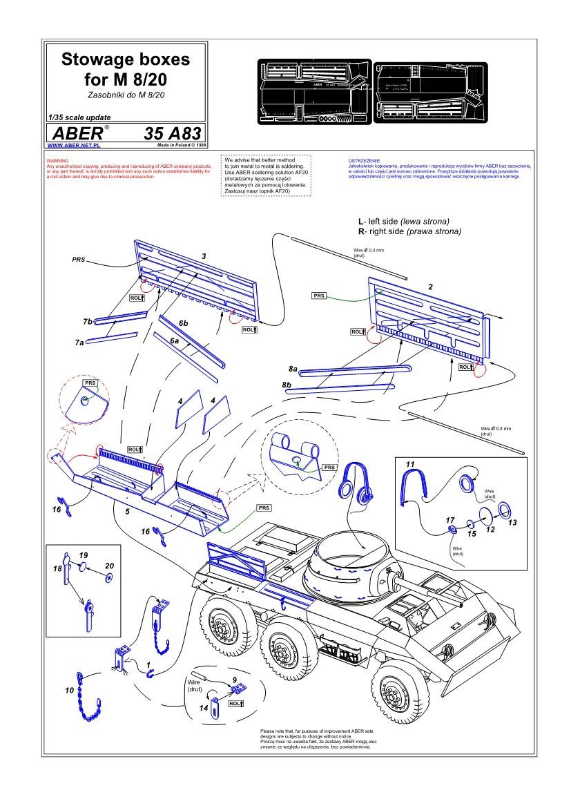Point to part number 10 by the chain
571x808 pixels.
tap(69, 690)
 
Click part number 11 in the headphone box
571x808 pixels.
tap(410, 463)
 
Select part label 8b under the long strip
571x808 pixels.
tap(286, 384)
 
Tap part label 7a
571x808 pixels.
tap(79, 342)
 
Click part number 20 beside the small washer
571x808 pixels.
tap(109, 564)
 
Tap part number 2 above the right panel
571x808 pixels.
tap(430, 286)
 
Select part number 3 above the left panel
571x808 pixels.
tap(204, 256)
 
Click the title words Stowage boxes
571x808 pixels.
tap(126, 60)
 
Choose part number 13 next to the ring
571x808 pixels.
tap(512, 523)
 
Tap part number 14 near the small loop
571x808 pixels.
tap(204, 708)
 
